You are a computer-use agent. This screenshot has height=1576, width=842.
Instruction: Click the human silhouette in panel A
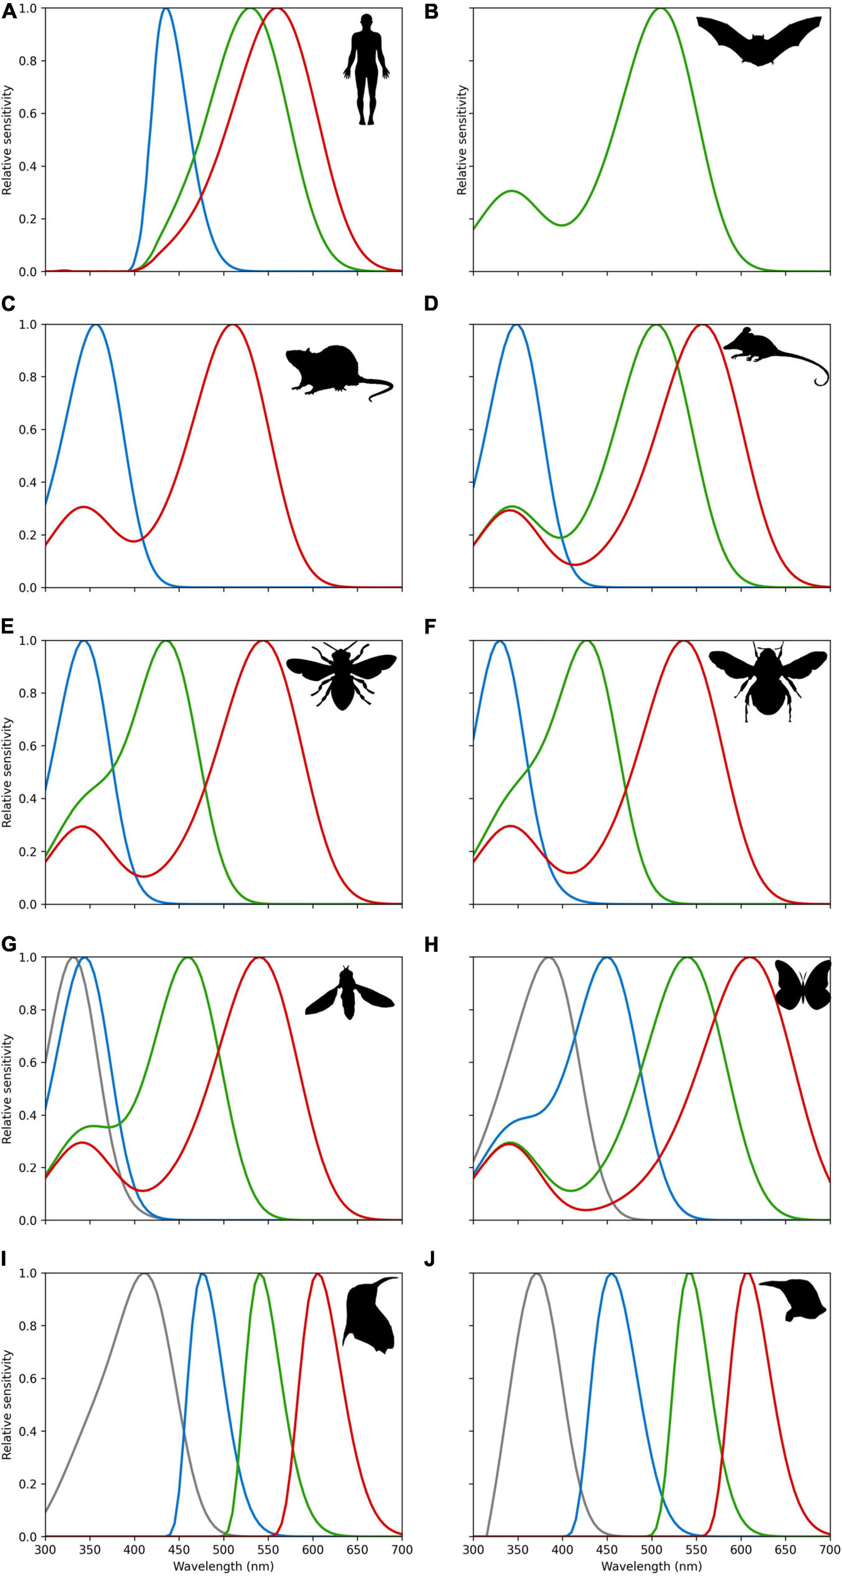[x=366, y=69]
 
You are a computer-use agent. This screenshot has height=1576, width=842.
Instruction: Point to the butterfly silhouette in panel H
[x=803, y=986]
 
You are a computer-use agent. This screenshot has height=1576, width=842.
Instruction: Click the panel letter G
[x=8, y=944]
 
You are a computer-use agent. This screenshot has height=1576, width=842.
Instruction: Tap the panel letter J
[x=430, y=1260]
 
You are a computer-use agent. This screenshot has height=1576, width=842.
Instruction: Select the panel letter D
[x=431, y=304]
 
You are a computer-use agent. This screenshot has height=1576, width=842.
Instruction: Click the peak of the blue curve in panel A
[x=166, y=9]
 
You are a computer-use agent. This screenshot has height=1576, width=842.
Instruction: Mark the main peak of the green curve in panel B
[x=660, y=9]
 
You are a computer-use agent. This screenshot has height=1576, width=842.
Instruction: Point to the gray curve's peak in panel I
[x=144, y=1274]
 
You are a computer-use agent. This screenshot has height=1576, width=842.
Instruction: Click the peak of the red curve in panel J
[x=747, y=1273]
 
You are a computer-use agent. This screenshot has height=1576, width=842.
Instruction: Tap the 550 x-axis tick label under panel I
[x=268, y=1550]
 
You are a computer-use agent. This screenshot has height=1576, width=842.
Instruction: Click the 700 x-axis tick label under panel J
[x=829, y=1550]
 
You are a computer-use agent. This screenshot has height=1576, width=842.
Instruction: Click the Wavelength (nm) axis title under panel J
[x=651, y=1567]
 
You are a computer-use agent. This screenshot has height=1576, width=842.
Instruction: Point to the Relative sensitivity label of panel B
[x=462, y=140]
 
